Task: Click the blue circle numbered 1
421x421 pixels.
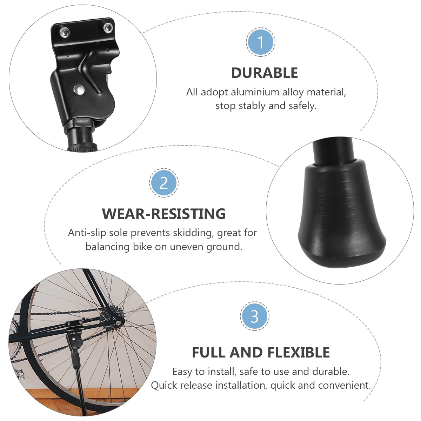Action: point(260,42)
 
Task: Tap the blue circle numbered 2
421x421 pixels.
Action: point(164,183)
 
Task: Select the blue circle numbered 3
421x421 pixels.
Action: point(254,316)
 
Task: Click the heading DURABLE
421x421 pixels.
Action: point(265,73)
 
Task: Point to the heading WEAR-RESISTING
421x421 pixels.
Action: point(164,214)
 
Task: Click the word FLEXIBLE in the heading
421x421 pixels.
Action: point(298,353)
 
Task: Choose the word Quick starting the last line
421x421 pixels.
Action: point(164,385)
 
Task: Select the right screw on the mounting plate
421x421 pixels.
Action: point(108,27)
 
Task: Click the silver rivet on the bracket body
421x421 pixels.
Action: point(79,89)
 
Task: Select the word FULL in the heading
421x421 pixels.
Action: point(209,353)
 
